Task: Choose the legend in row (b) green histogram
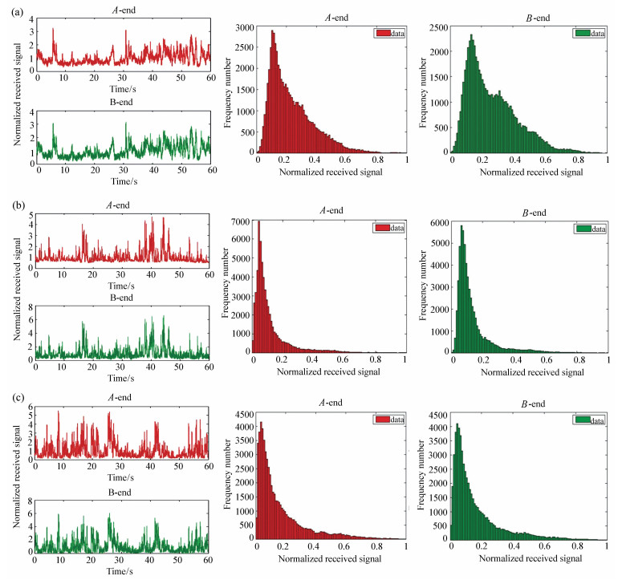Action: (x=588, y=228)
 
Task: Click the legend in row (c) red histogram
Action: (x=388, y=418)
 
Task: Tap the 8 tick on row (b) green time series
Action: (x=29, y=306)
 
